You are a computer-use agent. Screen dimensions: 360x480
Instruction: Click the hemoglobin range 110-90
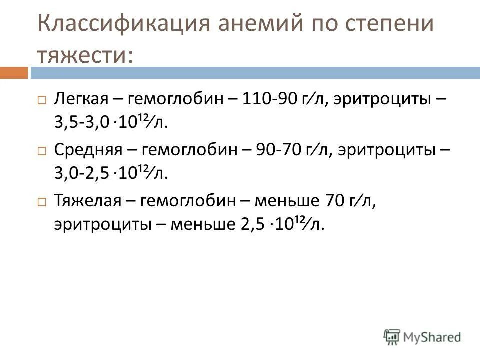(270, 99)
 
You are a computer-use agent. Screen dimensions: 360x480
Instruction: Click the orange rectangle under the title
(13, 73)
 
